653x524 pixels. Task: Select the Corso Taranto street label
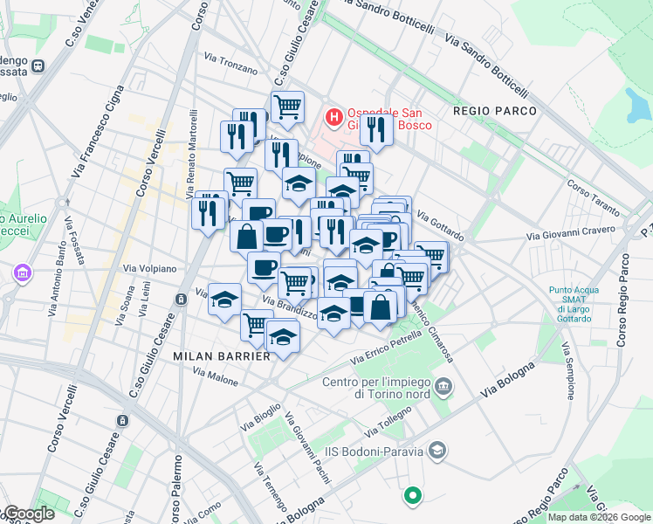(592, 197)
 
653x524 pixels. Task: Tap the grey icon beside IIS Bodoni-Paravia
(437, 451)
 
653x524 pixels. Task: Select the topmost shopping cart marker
(287, 107)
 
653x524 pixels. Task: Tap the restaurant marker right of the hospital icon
(376, 129)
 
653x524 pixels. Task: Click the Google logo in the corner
(28, 514)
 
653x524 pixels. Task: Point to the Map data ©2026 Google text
(599, 517)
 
